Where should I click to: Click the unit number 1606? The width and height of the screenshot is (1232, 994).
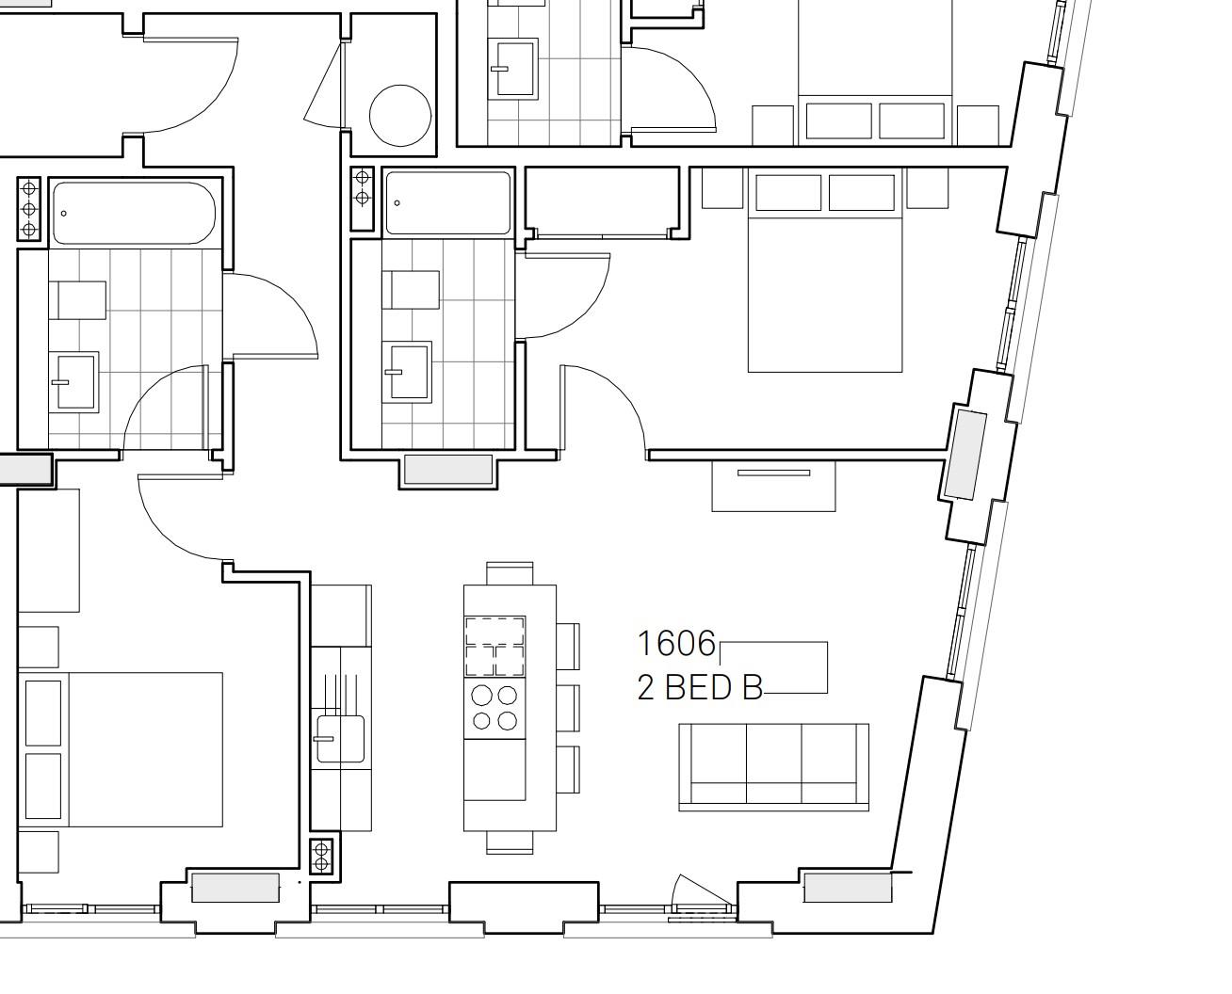676,644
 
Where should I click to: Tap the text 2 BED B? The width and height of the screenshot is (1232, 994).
699,688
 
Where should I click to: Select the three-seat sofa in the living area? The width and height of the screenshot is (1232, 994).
773,767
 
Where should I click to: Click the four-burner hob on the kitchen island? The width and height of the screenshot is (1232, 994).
494,708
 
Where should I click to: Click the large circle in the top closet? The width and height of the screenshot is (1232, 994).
400,116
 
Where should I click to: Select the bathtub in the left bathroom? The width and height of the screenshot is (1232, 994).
134,212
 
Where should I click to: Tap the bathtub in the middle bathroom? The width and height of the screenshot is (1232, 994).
448,202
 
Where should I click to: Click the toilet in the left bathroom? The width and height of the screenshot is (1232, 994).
80,300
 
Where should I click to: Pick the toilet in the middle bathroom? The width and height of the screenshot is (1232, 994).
411,290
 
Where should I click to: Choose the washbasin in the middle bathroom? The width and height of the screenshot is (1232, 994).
407,372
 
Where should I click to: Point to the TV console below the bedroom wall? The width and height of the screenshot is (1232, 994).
773,486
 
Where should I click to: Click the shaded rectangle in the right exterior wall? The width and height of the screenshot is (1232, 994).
965,455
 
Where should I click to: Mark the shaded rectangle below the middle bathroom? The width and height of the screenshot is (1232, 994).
447,470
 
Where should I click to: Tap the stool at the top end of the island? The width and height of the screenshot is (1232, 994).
510,572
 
